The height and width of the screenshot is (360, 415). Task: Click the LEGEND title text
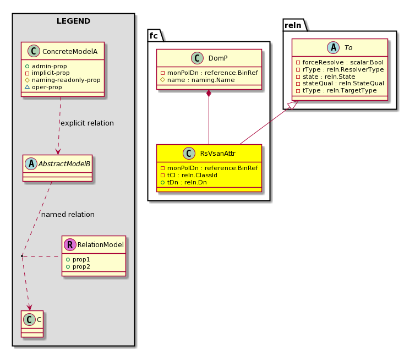[x=73, y=21]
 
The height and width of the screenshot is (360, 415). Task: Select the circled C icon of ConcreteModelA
[x=34, y=51]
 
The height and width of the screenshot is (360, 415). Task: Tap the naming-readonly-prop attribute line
[x=63, y=80]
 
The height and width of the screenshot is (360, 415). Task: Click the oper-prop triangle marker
[x=27, y=87]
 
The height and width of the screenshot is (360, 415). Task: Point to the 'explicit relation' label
[x=87, y=123]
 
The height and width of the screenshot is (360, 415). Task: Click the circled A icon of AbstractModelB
[x=31, y=164]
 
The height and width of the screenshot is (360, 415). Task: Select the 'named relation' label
[x=68, y=215]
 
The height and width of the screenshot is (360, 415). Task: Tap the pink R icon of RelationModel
[x=70, y=244]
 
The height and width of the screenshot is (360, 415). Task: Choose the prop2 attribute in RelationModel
[x=78, y=266]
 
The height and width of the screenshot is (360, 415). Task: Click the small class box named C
[x=32, y=324]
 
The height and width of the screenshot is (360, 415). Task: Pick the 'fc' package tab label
[x=154, y=35]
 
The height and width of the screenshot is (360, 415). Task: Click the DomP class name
[x=218, y=58]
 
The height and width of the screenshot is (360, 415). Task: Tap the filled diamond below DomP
[x=209, y=93]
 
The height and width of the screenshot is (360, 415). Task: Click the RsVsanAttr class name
[x=217, y=153]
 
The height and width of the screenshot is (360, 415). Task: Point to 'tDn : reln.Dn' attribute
[x=184, y=182]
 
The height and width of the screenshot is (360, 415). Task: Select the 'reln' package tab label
[x=293, y=25]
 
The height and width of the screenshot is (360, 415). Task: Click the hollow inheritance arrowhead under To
[x=293, y=105]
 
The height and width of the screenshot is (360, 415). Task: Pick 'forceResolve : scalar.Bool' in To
[x=340, y=62]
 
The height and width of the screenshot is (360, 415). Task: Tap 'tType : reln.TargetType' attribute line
[x=336, y=90]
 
